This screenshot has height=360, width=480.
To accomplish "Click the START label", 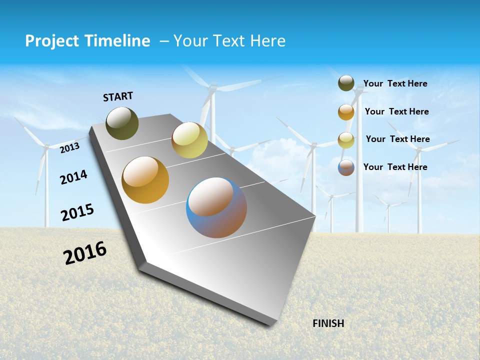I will point(118,96).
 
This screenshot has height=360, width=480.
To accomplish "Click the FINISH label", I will point(328,323).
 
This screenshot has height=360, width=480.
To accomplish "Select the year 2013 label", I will point(70,148).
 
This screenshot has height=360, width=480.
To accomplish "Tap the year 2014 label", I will point(73,177).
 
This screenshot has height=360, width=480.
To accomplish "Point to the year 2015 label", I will point(77,212).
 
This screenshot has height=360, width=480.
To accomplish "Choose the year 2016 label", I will point(85,253).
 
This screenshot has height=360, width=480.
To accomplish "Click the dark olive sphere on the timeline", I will point(122,123).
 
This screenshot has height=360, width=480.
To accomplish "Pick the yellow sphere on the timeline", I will point(189,140).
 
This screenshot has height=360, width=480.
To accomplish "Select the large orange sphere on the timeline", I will point(145,180).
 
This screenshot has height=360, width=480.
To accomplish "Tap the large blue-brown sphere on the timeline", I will point(216,207).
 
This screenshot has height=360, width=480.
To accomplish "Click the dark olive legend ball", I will point(346,83).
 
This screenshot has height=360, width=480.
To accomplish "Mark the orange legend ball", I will point(346,111).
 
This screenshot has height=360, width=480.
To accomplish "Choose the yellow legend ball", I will point(346,140).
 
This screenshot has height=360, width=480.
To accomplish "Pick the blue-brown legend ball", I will point(346,167).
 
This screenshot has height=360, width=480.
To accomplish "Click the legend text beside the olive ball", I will point(395,83).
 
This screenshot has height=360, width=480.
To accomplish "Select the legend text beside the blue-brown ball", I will point(395,167).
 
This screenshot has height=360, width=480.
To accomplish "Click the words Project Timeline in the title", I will point(87,41).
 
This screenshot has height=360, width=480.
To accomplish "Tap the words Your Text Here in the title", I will point(229,41).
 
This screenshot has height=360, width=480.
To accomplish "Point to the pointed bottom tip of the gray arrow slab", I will point(270,324).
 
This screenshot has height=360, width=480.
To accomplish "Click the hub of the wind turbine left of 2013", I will point(46,146).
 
